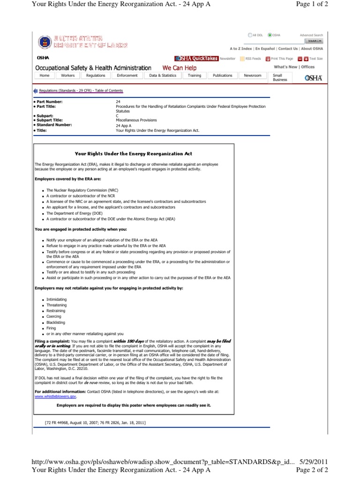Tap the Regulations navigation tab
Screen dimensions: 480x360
point(96,75)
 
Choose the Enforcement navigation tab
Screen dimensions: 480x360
point(127,75)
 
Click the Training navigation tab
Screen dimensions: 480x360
point(195,75)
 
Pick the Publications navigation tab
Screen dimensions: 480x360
point(222,75)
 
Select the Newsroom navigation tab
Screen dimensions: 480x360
point(253,75)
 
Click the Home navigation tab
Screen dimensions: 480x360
point(45,75)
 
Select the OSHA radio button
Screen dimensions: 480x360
point(270,35)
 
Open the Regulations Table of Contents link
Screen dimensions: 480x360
point(81,90)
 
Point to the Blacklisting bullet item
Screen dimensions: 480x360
point(56,322)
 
